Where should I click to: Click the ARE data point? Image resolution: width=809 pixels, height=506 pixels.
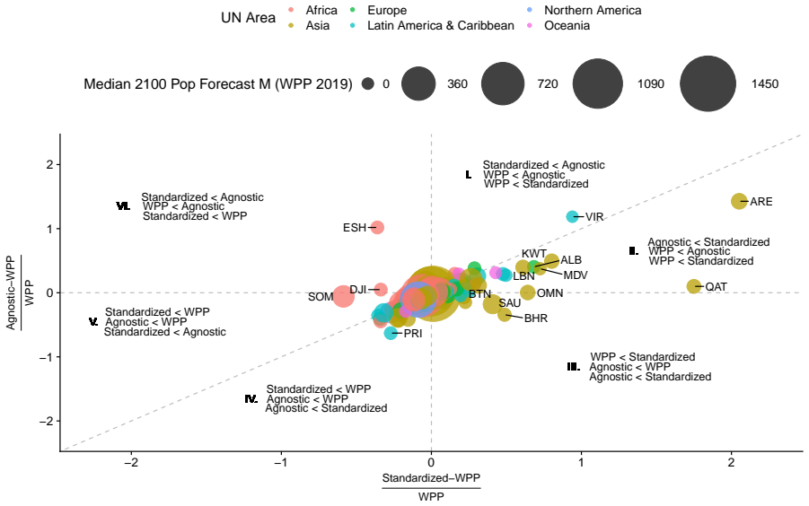[739, 201]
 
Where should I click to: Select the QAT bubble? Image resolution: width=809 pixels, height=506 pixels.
[694, 286]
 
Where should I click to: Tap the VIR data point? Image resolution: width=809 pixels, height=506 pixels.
[572, 216]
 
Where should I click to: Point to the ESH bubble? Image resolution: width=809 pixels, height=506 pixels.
[377, 227]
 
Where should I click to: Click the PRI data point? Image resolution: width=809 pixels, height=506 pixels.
[391, 333]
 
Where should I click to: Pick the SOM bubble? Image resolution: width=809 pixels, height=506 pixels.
[343, 296]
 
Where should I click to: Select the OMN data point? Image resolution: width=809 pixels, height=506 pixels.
[527, 292]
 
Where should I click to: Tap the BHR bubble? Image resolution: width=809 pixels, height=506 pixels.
[505, 314]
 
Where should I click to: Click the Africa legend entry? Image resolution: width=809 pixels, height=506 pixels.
[312, 10]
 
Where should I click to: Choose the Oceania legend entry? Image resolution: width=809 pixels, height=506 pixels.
[559, 25]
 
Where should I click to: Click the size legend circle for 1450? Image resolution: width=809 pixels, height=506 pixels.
[708, 84]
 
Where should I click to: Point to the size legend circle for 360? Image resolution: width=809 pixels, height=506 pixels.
[418, 84]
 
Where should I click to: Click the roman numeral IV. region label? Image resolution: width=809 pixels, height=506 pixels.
[251, 399]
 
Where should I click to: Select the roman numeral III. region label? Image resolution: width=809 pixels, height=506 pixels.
[573, 367]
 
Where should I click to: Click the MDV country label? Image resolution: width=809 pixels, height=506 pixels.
[576, 275]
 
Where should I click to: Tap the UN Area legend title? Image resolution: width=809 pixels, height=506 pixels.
[248, 18]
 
